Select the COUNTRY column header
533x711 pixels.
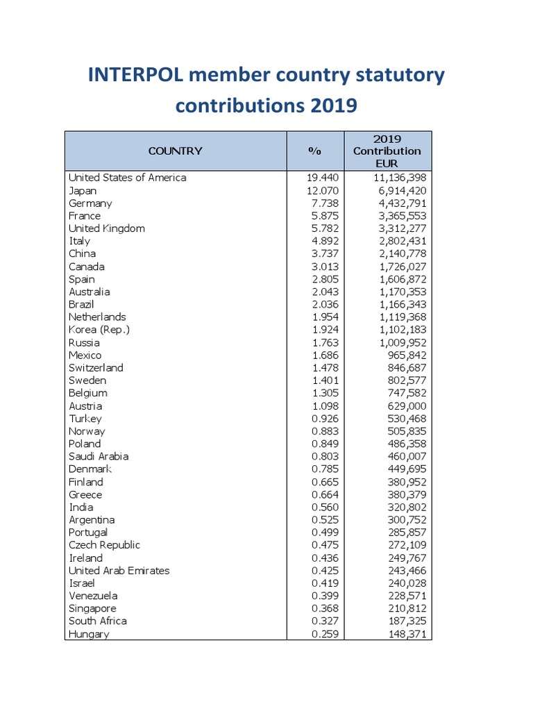point(175,151)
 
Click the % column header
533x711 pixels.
point(315,151)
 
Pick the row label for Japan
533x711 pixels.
point(83,190)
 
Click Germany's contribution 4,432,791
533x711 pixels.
point(397,203)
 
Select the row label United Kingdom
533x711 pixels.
point(107,228)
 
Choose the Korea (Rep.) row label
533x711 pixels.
point(99,329)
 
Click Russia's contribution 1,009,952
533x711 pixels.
point(397,342)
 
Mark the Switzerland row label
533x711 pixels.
point(96,367)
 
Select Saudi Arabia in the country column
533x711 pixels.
point(99,456)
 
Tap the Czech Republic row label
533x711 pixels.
point(104,545)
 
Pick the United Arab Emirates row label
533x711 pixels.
point(119,570)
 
